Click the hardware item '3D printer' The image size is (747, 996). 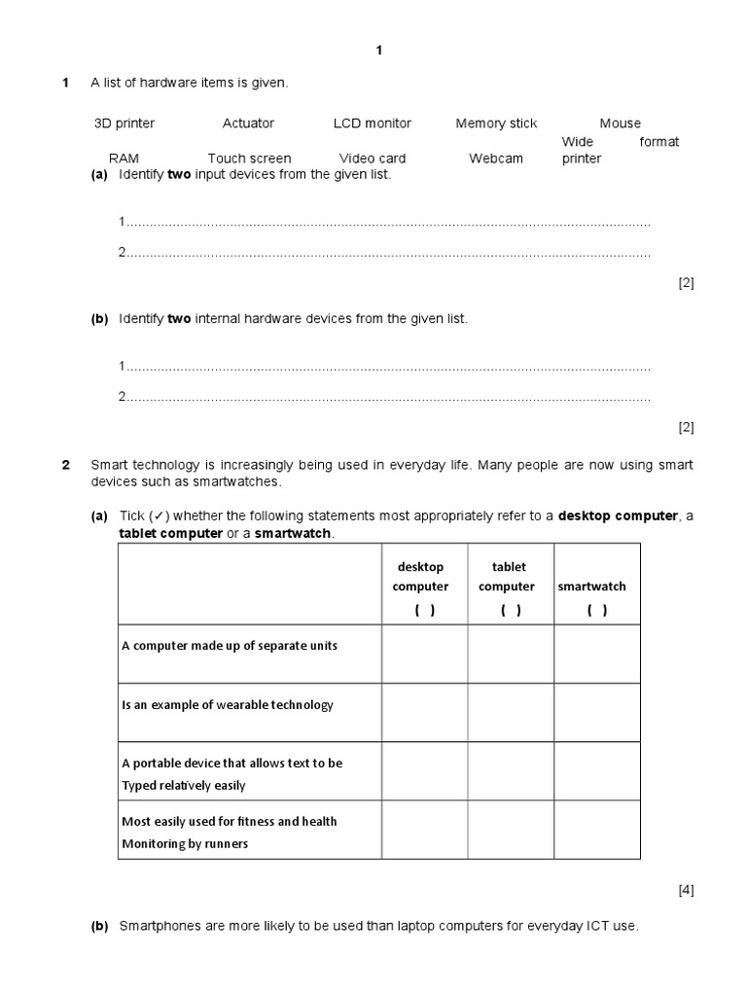click(x=124, y=124)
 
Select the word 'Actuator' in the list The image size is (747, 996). click(x=248, y=124)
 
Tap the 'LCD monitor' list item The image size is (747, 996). click(x=372, y=124)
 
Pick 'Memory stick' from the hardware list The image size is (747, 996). click(x=496, y=124)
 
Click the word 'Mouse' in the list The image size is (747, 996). click(x=620, y=124)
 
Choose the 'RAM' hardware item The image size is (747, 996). click(x=124, y=159)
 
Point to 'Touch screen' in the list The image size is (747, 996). click(x=249, y=159)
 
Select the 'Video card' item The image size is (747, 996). click(x=373, y=159)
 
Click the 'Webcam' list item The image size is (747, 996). click(x=496, y=159)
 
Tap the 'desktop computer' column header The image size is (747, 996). click(x=420, y=577)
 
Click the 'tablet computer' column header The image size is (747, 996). click(x=507, y=577)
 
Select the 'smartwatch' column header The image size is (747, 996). click(x=591, y=587)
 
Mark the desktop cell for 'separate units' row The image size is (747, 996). click(x=424, y=654)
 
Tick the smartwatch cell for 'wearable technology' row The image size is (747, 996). click(x=597, y=712)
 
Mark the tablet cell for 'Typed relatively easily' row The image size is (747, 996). click(x=511, y=771)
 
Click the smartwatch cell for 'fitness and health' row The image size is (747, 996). click(x=597, y=830)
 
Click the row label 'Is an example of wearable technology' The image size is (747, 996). click(x=227, y=705)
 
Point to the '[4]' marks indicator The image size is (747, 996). click(x=686, y=890)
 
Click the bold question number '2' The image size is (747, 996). click(x=66, y=465)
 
